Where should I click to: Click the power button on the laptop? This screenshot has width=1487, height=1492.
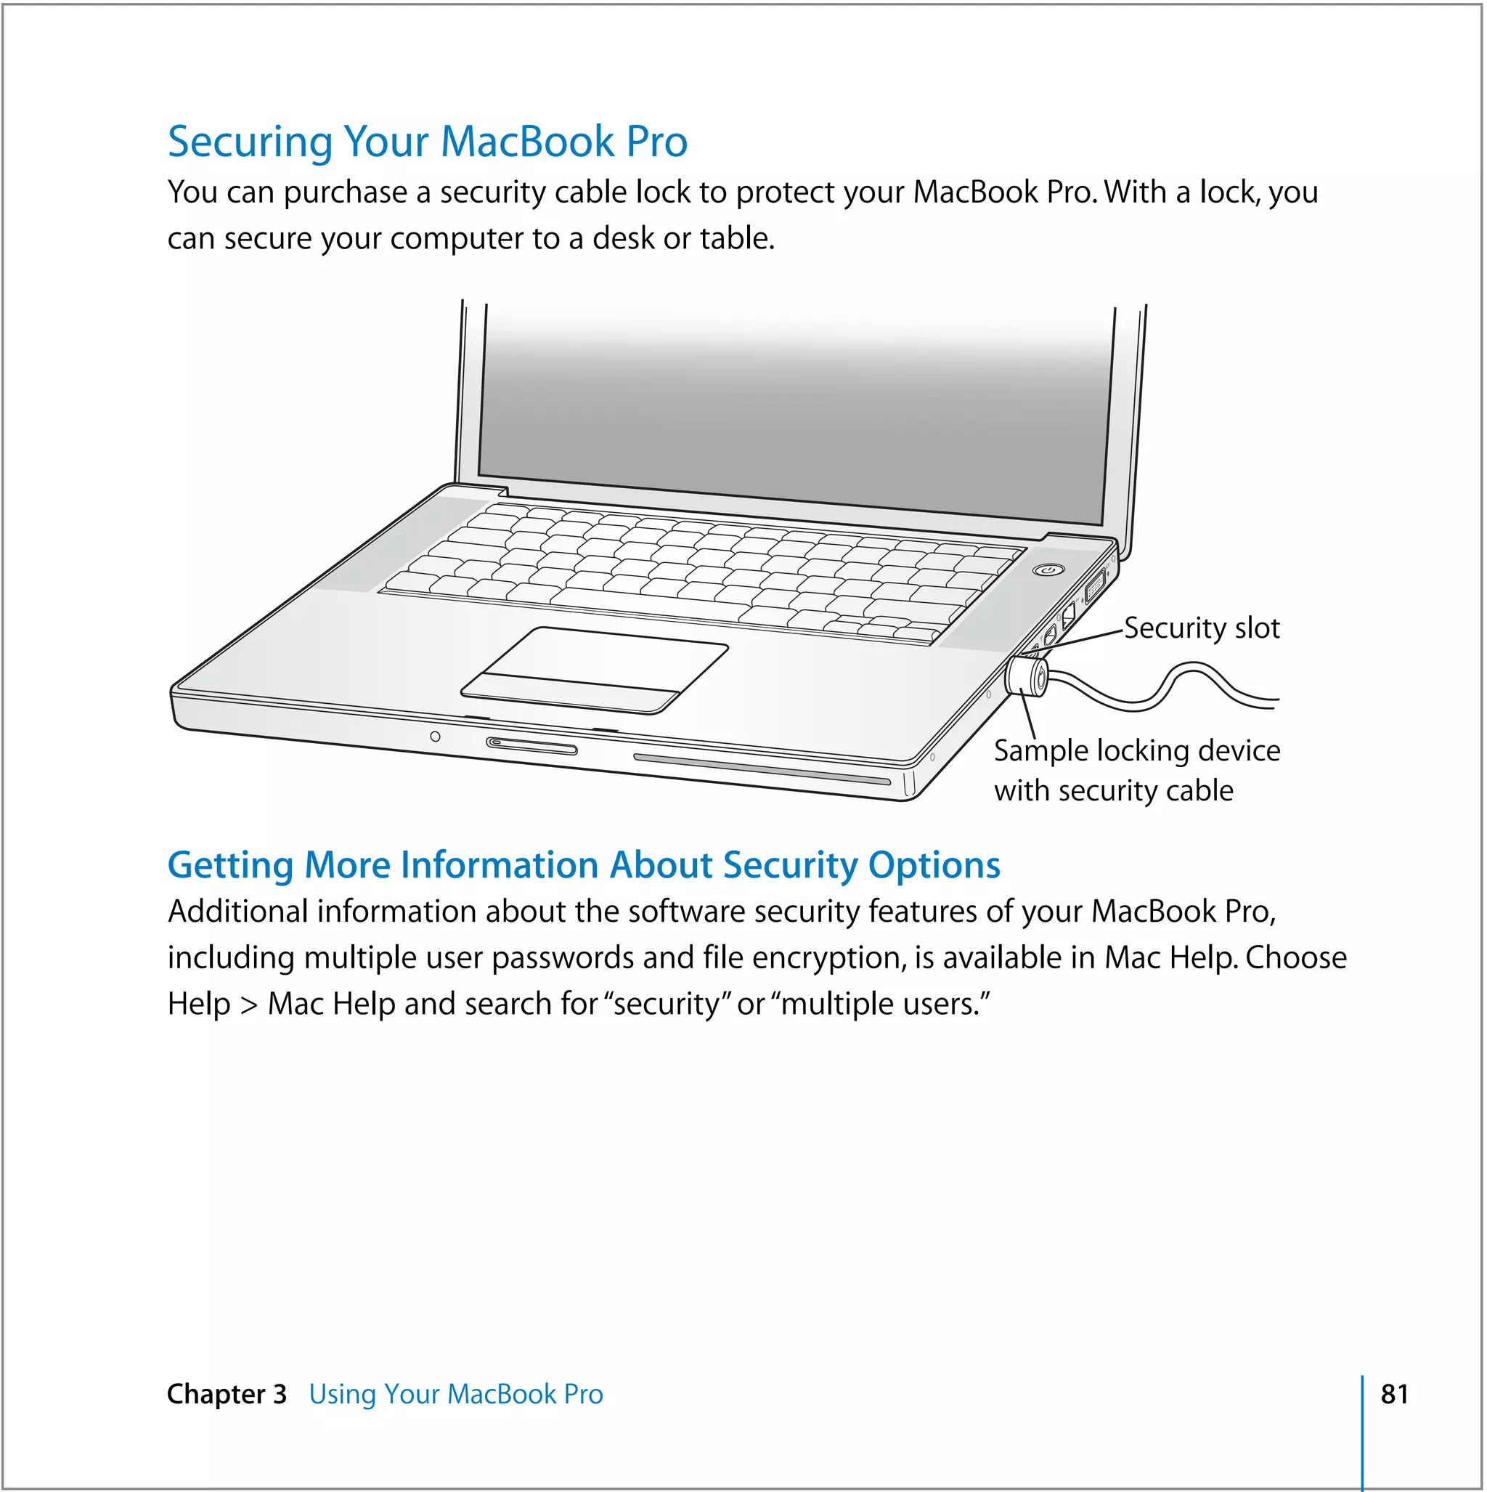coord(1048,570)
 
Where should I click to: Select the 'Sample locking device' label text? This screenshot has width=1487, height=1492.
coord(1136,750)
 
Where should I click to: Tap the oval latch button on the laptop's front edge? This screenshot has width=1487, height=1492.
coord(531,745)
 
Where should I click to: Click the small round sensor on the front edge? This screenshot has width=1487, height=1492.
coord(436,736)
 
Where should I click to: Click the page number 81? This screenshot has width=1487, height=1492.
coord(1394,1394)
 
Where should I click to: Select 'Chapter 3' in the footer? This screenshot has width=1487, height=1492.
coord(227,1394)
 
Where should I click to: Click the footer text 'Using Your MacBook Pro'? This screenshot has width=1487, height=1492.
coord(455,1394)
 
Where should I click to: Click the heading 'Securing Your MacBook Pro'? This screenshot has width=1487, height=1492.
coord(427,142)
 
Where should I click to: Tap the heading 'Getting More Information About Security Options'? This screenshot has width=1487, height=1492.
coord(584,865)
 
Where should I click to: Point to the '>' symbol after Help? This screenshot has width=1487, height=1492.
coord(248,1005)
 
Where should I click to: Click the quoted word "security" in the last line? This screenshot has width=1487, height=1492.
coord(669,1004)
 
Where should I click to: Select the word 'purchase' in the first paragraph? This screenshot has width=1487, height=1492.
coord(345,192)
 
